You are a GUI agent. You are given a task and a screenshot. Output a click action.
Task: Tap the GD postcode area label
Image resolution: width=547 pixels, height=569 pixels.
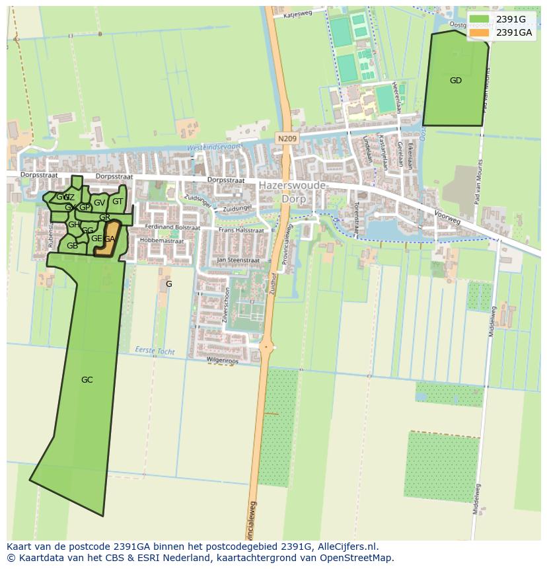point(456,81)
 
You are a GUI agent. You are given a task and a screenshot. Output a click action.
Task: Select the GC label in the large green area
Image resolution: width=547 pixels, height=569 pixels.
point(87,380)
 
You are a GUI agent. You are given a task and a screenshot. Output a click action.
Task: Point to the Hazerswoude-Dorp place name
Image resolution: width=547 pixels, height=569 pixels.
point(293,192)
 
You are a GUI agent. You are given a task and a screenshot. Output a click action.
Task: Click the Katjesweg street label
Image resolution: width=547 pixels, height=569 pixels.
point(297,13)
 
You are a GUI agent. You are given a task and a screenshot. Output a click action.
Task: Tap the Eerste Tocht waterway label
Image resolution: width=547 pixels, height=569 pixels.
point(155,350)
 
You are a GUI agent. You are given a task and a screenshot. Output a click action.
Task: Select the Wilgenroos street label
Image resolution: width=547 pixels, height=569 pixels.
point(221,360)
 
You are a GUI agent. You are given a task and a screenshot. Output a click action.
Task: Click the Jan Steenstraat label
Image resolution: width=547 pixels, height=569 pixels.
point(238,261)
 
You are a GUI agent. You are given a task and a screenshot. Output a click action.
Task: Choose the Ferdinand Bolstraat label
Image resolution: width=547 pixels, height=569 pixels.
point(173,227)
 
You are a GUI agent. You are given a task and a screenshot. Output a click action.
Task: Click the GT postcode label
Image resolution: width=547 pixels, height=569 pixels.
point(118,202)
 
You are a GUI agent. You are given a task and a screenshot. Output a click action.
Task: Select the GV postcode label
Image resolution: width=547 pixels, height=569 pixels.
point(99,203)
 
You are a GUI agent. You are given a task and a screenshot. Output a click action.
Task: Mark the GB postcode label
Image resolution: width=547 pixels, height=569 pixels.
point(72,246)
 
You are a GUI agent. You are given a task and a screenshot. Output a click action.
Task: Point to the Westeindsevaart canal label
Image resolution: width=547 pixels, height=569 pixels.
point(215,146)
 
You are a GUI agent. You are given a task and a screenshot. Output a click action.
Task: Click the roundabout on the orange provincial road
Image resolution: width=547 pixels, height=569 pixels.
point(267,346)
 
